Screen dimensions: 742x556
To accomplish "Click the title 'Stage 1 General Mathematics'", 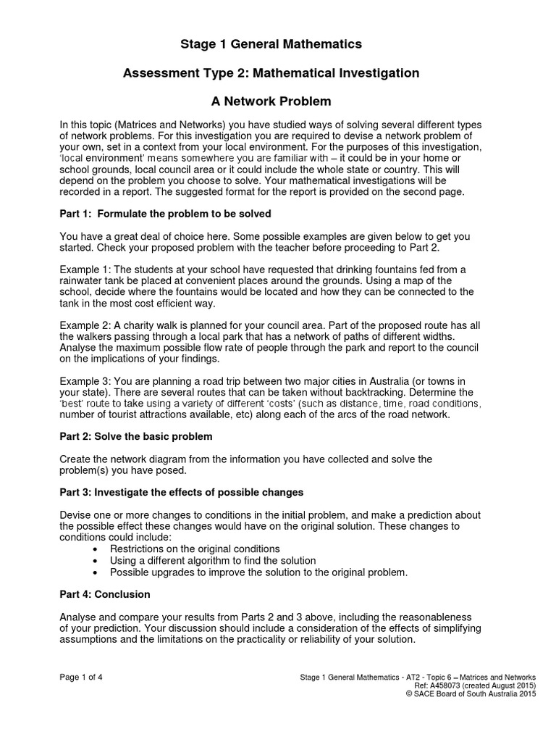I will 271,45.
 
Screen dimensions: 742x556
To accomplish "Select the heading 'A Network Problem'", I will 271,101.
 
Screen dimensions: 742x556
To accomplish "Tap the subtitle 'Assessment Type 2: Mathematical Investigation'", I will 271,72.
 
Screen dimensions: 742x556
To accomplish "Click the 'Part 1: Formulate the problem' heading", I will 165,214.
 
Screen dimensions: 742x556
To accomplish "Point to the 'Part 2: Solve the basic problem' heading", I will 136,437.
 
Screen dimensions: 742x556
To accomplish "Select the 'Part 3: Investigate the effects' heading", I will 181,492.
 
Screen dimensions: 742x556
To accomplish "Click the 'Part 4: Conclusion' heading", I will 105,594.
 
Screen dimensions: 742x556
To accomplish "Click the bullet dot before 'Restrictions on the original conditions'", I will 96,549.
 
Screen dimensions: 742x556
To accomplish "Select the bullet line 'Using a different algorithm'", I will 213,560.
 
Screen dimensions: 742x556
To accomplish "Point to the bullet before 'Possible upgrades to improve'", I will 96,572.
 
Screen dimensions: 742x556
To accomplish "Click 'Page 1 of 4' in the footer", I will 81,678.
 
